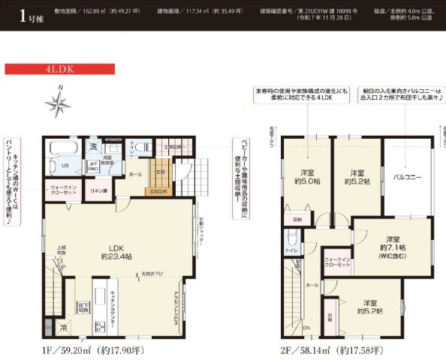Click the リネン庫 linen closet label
[99, 191]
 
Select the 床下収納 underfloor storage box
[84, 307]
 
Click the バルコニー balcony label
[407, 178]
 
